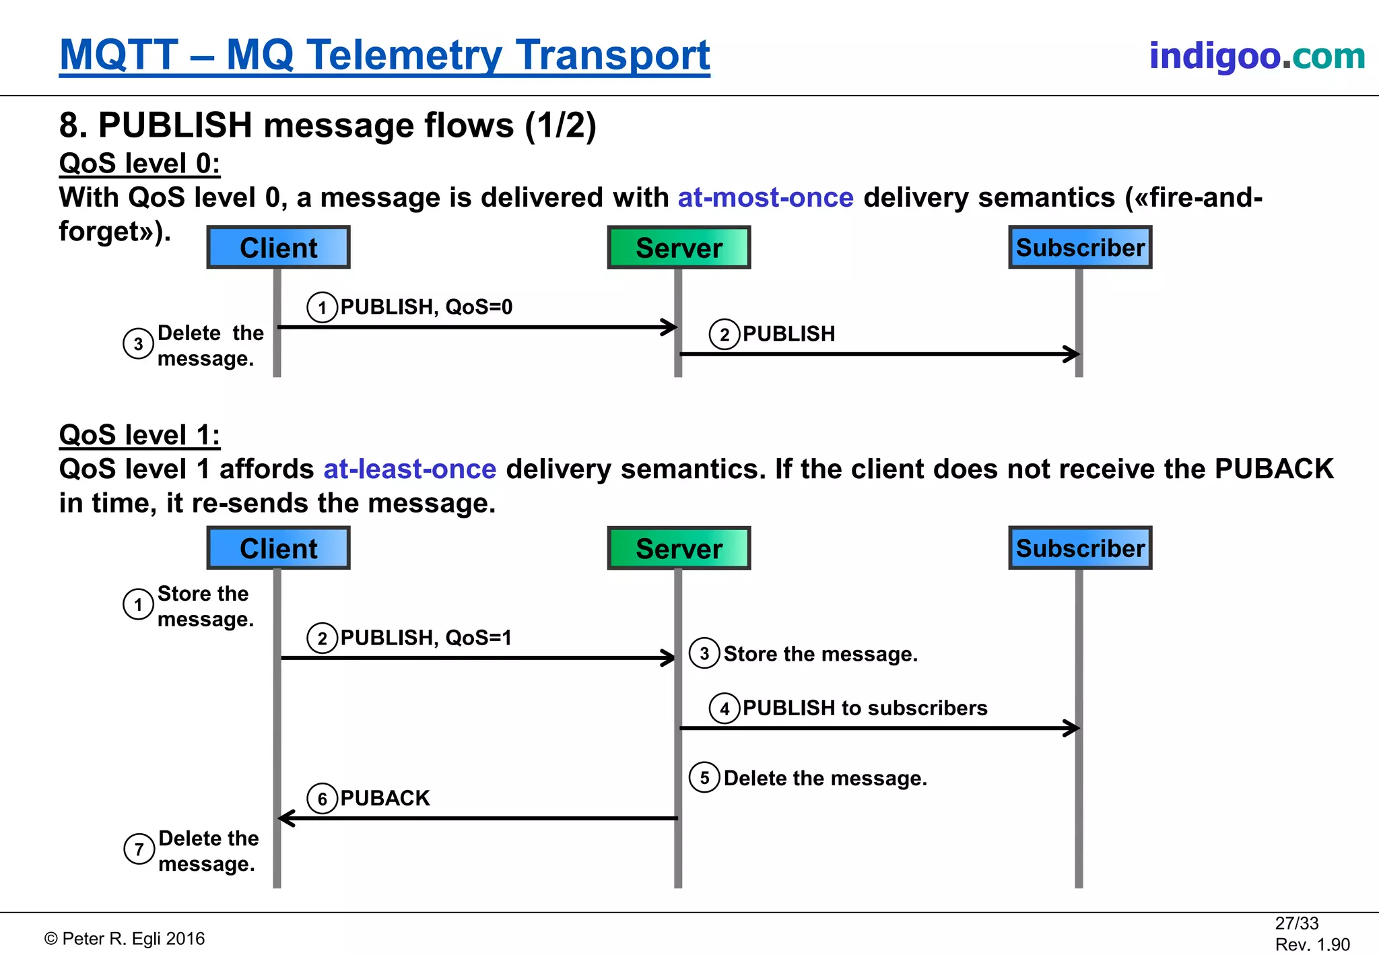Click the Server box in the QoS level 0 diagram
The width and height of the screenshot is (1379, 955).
pos(679,248)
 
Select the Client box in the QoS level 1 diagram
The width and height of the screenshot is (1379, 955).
pos(278,548)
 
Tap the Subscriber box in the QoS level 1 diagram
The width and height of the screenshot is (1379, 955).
pos(1080,548)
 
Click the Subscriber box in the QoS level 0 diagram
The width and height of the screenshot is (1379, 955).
pos(1080,248)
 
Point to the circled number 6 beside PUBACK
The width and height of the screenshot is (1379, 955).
pos(322,799)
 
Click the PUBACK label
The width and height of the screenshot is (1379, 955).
pos(384,798)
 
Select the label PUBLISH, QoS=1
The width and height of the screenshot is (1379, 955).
pos(426,638)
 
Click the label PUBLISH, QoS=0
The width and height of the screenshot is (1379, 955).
pos(426,307)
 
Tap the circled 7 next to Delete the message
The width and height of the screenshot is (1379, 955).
pos(139,849)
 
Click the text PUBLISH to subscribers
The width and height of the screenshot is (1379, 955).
pos(865,708)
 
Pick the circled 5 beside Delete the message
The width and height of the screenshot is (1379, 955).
pos(704,778)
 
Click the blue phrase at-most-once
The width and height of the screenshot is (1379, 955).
pos(765,198)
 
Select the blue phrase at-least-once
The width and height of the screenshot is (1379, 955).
pos(409,469)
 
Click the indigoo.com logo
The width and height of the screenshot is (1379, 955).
pos(1256,56)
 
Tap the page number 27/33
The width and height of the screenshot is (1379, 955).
pos(1296,923)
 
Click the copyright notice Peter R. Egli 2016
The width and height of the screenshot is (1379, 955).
pos(125,939)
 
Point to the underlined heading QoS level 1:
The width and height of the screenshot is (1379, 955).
pos(139,435)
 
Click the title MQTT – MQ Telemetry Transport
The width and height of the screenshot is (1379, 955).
pos(384,55)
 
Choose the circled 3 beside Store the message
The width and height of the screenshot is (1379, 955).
pos(704,653)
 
